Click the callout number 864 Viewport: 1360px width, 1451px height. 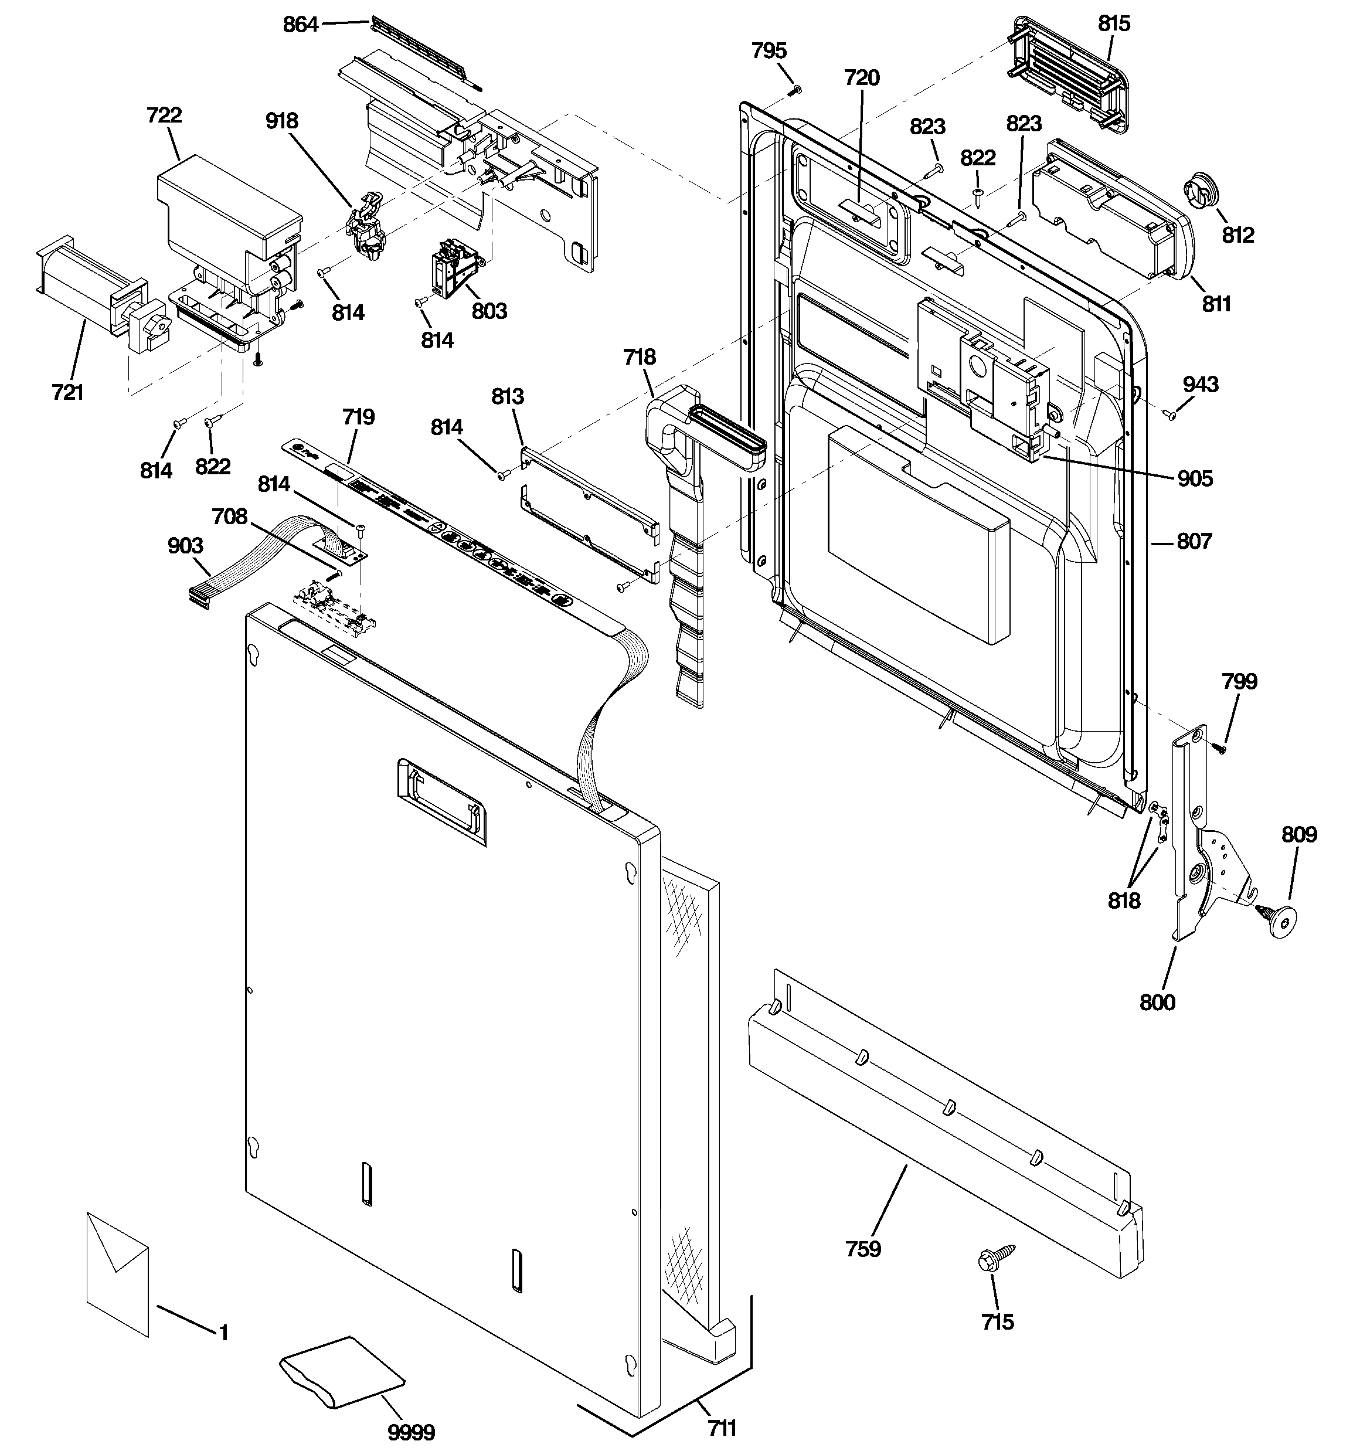click(x=300, y=25)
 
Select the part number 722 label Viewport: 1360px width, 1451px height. click(x=164, y=115)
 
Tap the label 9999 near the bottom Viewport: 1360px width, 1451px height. click(x=410, y=1432)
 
